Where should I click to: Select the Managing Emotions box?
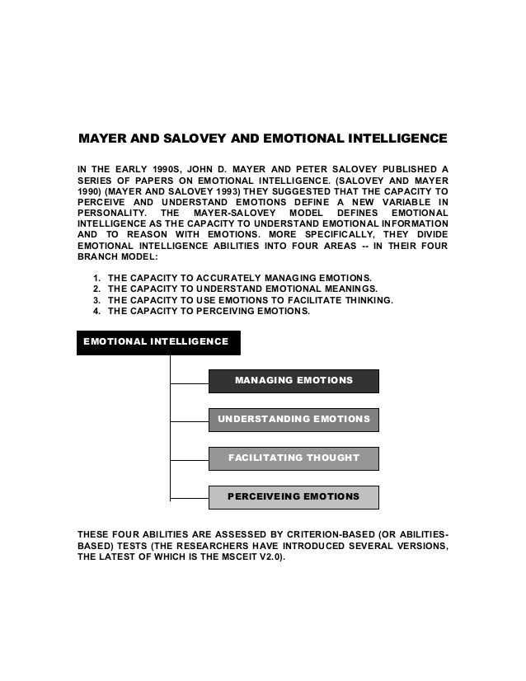point(294,380)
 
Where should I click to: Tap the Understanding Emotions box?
point(294,419)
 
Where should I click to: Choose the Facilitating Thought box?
point(294,458)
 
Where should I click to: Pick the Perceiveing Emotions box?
point(294,496)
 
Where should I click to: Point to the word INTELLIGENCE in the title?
point(391,135)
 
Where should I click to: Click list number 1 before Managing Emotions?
point(97,276)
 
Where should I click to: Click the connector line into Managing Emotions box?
point(189,383)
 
